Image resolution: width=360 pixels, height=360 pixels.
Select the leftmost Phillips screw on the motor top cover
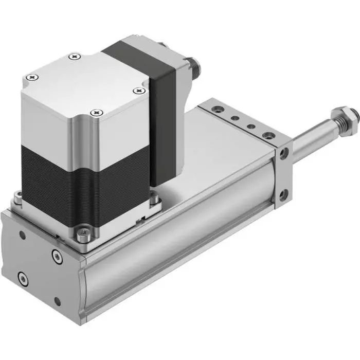[x=34, y=77]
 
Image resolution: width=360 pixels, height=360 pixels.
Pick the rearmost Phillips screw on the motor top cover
[x=76, y=55]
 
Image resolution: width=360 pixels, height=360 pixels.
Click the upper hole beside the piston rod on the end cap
[x=282, y=152]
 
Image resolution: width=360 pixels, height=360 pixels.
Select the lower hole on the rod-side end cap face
[x=282, y=195]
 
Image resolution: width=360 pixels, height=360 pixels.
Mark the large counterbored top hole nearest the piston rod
[x=268, y=136]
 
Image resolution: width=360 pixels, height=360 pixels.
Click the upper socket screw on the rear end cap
[x=56, y=255]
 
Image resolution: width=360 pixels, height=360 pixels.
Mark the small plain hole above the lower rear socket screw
[x=22, y=235]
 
